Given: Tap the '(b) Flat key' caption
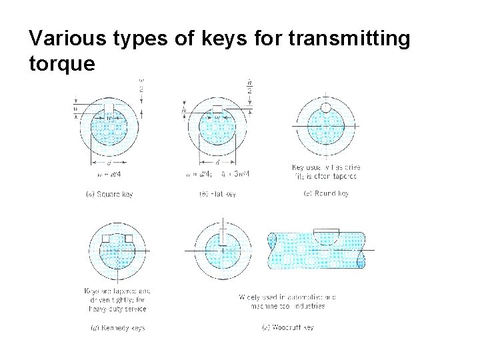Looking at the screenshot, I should (x=217, y=194).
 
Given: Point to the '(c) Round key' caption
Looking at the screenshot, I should (x=325, y=194).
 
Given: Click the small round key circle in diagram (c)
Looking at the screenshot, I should (x=326, y=107).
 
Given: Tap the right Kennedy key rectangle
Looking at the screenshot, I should (x=129, y=239).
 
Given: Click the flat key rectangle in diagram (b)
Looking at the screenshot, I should (x=217, y=109).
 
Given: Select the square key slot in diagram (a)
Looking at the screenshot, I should (x=109, y=109).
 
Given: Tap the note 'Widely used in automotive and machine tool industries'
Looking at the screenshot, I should (x=287, y=301).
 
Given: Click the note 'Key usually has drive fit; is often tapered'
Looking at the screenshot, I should (x=325, y=171).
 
